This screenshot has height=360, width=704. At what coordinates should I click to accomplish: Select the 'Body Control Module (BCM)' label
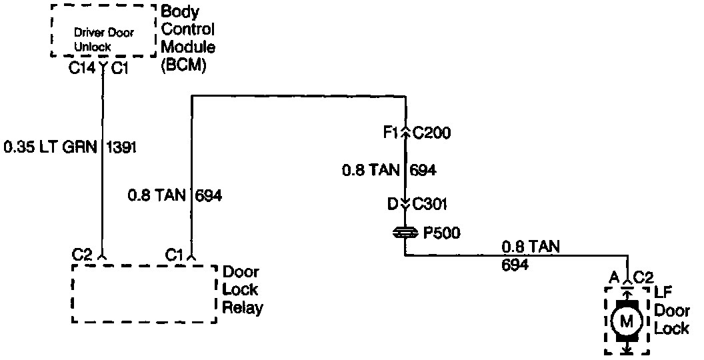tap(189, 39)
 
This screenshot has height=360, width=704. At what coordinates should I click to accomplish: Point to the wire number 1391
tap(121, 147)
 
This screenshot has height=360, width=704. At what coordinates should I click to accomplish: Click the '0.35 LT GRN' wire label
tap(50, 147)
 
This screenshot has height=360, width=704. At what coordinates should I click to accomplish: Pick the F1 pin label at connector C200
tap(391, 133)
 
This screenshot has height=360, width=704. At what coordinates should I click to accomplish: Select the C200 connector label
tap(432, 133)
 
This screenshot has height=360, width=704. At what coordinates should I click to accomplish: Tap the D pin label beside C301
tap(393, 204)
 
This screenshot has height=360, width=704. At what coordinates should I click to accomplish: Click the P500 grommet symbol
tap(405, 233)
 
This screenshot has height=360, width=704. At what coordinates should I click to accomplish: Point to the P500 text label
tap(441, 233)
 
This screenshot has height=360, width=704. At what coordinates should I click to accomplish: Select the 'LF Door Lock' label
tap(671, 311)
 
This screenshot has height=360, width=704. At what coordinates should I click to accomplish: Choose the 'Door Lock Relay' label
tap(242, 290)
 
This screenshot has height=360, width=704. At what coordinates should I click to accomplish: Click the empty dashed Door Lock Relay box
tap(144, 294)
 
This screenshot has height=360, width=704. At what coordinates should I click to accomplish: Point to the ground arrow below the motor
tap(626, 348)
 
